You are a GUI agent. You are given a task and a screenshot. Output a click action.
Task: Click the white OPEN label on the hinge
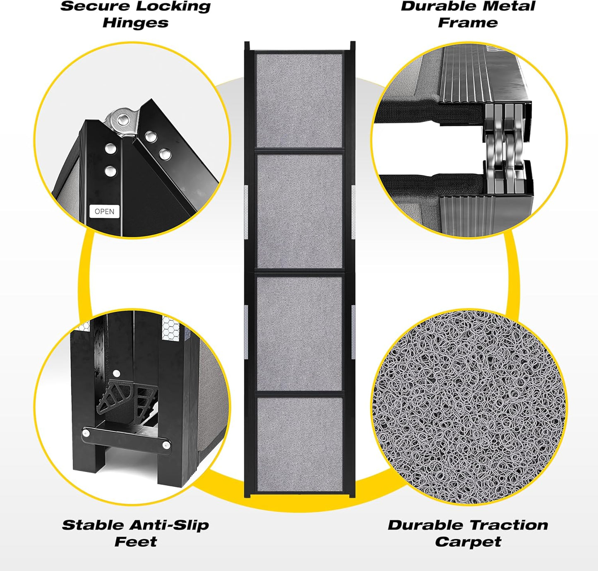tap(104, 211)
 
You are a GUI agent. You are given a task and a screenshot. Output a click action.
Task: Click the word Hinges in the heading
tap(135, 23)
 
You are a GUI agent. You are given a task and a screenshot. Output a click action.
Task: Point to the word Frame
tap(468, 23)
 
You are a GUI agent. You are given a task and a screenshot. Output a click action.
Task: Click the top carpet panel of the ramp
tap(299, 101)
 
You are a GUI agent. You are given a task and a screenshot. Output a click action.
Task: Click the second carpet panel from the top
tap(300, 212)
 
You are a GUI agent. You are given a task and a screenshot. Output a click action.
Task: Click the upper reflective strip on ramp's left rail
tap(246, 212)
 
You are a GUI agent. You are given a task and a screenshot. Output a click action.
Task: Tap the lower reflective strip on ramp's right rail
tap(353, 332)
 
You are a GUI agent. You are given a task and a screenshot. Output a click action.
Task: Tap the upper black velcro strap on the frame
tap(429, 112)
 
